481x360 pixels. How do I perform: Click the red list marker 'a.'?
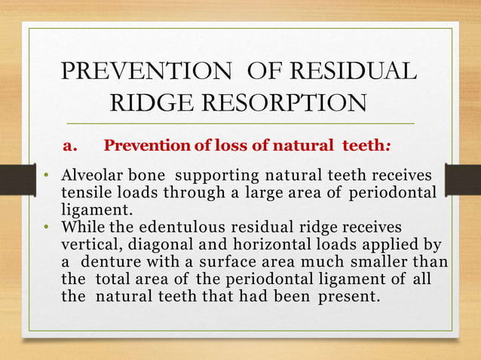tap(71, 145)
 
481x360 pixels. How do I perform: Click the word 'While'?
tap(79, 227)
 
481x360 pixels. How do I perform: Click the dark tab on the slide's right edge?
tap(462, 183)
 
